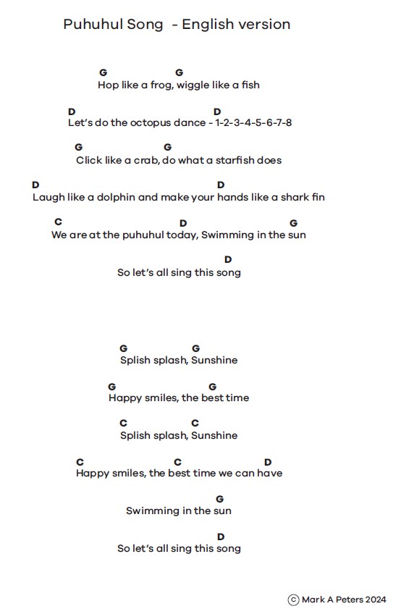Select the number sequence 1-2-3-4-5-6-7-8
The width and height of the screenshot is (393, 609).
click(253, 123)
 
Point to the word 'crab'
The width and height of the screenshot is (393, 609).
click(146, 161)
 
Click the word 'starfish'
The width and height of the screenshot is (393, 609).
click(233, 161)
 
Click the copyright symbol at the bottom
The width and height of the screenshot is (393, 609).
click(293, 600)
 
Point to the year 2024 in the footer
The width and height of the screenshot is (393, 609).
click(375, 600)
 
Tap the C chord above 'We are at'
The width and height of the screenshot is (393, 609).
click(58, 222)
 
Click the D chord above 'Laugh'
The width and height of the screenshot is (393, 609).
click(35, 185)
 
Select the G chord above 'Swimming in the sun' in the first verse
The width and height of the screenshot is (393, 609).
click(294, 223)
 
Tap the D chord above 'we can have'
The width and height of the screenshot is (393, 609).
click(268, 462)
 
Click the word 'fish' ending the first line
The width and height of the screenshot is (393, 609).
click(250, 85)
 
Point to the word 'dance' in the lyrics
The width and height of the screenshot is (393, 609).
click(190, 123)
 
